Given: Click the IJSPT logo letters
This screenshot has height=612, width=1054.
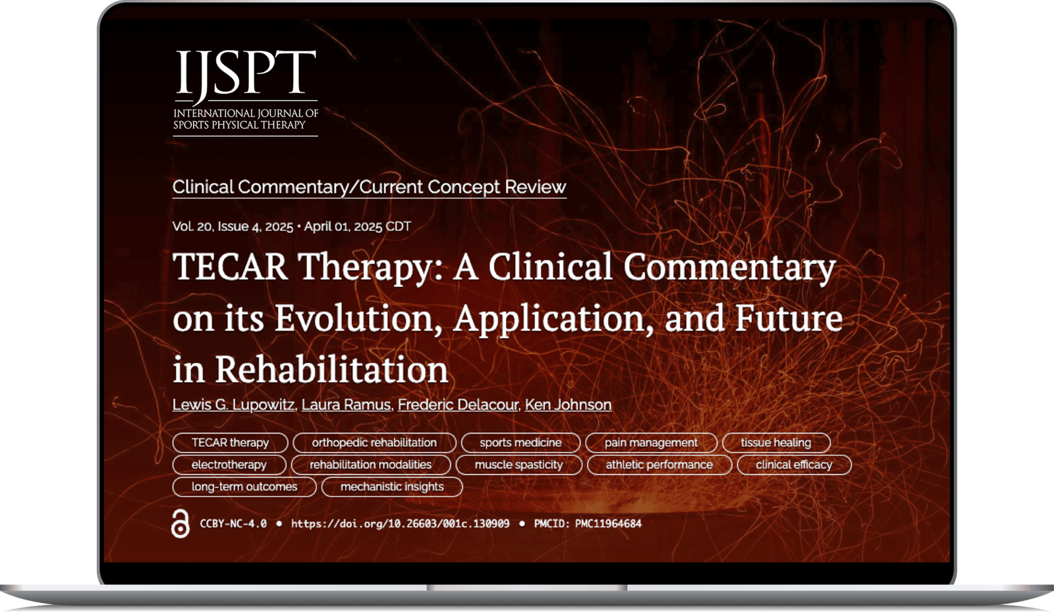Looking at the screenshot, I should click(x=245, y=74).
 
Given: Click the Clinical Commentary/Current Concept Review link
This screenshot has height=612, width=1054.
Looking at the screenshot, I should click(x=369, y=187).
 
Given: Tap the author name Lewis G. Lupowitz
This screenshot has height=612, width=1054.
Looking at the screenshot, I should click(x=233, y=405).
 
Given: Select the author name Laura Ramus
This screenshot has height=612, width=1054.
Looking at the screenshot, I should click(x=346, y=405).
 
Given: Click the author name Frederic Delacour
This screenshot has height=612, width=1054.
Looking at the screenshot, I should click(x=458, y=405).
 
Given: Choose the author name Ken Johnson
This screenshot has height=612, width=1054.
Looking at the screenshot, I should click(x=568, y=405).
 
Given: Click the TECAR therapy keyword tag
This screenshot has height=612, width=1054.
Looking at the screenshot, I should click(x=230, y=443).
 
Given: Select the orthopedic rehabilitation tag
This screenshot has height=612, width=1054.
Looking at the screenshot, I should click(x=374, y=443).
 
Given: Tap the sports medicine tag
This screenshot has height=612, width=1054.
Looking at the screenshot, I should click(x=520, y=443).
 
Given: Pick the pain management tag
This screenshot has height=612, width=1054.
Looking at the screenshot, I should click(x=651, y=443).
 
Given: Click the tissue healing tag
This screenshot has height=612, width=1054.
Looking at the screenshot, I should click(x=775, y=443).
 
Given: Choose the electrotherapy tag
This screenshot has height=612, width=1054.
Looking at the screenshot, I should click(x=229, y=465).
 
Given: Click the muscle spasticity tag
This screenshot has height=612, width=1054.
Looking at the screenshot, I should click(x=518, y=465).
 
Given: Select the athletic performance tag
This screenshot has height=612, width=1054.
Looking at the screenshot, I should click(x=659, y=465).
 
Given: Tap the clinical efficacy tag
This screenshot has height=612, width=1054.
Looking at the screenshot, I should click(x=794, y=465).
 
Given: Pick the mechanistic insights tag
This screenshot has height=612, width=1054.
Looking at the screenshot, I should click(x=392, y=487).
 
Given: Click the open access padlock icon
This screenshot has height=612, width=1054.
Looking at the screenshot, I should click(x=180, y=524).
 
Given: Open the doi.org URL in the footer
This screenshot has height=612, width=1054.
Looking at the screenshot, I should click(x=400, y=524).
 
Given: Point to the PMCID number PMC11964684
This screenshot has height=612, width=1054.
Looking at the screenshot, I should click(x=607, y=524).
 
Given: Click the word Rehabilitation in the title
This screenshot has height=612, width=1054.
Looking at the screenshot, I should click(x=331, y=370).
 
